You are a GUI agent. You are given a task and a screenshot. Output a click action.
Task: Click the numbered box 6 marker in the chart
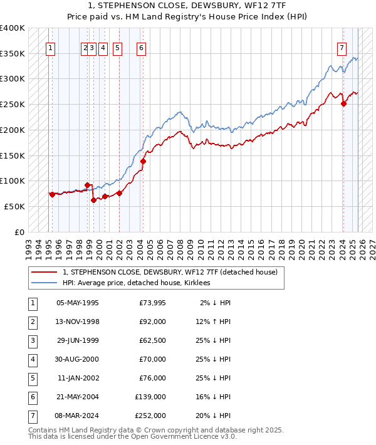pos(142,47)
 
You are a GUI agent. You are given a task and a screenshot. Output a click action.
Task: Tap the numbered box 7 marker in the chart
pos(342,47)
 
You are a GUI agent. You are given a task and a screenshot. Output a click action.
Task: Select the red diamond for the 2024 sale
pos(343,104)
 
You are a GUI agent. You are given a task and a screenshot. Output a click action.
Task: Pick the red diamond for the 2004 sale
pos(143,161)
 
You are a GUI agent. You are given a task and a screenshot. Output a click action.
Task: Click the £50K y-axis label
pos(15,206)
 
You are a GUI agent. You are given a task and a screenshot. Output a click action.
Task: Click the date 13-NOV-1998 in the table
pos(78,322)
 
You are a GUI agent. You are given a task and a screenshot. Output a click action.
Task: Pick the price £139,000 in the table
pos(150,397)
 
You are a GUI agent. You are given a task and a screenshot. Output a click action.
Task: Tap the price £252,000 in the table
pos(150,416)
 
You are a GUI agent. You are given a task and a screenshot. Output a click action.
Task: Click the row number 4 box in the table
pos(32,359)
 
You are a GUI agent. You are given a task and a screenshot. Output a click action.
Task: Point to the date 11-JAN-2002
pos(78,378)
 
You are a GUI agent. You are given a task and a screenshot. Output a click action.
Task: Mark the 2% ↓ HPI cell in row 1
pos(215,303)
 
